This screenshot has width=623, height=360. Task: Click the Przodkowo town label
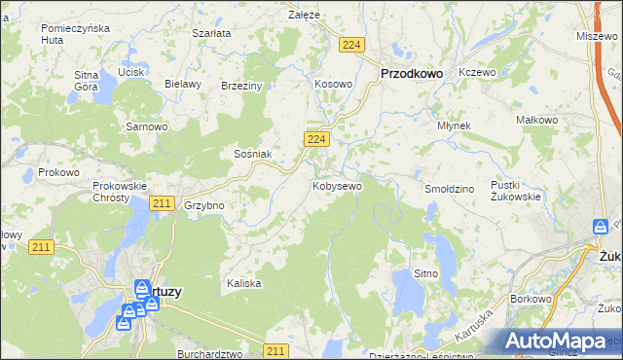(x=411, y=72)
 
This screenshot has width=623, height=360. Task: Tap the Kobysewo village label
(x=338, y=185)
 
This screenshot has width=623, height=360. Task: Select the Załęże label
(x=305, y=15)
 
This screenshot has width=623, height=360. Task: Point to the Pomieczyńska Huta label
(x=72, y=35)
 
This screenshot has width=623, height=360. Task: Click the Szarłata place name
(x=211, y=33)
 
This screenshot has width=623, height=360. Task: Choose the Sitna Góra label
(x=87, y=81)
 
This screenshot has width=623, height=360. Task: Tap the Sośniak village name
(x=252, y=154)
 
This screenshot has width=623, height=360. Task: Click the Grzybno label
(x=204, y=205)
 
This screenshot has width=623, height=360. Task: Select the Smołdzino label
(x=449, y=188)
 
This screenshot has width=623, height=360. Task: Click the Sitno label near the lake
(x=426, y=273)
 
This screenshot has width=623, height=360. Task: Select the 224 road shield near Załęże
(x=352, y=45)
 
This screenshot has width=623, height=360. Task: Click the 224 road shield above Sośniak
(x=314, y=140)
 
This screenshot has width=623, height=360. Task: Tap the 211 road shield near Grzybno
(x=163, y=202)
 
